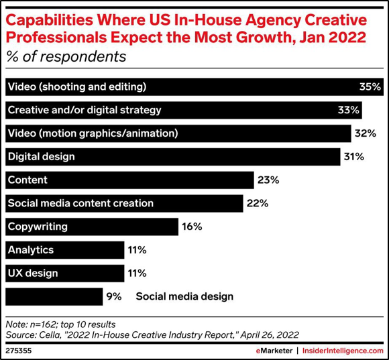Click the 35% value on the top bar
pyautogui.click(x=370, y=86)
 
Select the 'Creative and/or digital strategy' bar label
pyautogui.click(x=85, y=110)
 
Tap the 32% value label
pyautogui.click(x=365, y=133)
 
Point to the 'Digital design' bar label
pyautogui.click(x=42, y=157)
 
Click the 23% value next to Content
pyautogui.click(x=268, y=180)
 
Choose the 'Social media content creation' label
pyautogui.click(x=80, y=203)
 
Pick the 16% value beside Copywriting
pyautogui.click(x=192, y=227)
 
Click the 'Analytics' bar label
pyautogui.click(x=31, y=250)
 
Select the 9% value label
pyautogui.click(x=114, y=296)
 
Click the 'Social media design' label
pyautogui.click(x=184, y=296)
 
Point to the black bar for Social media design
pyautogui.click(x=54, y=296)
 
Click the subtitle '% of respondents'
pyautogui.click(x=66, y=56)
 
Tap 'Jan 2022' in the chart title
pyautogui.click(x=333, y=37)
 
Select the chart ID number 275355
pyautogui.click(x=19, y=351)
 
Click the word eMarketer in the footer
pyautogui.click(x=274, y=351)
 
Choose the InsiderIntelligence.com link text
pyautogui.click(x=343, y=351)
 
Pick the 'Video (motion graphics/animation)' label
pyautogui.click(x=93, y=133)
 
